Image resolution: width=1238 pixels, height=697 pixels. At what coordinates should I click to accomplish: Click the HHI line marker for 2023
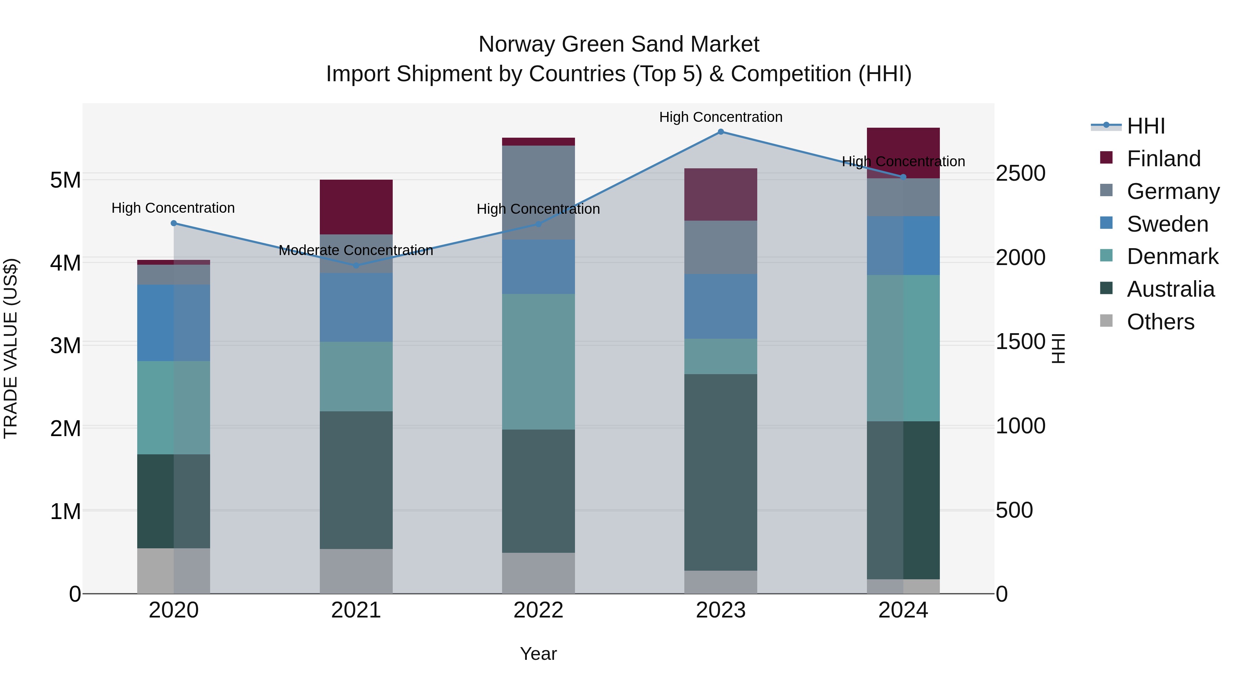[720, 132]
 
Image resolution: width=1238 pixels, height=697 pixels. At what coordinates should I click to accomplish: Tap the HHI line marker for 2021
[356, 265]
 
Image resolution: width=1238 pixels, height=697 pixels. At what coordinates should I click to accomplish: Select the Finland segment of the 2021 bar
[356, 207]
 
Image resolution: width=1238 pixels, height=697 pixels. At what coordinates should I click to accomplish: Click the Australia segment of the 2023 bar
[720, 472]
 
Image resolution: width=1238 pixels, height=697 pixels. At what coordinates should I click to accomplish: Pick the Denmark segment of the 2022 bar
[538, 361]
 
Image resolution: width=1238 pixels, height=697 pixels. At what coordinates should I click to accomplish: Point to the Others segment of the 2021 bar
[356, 571]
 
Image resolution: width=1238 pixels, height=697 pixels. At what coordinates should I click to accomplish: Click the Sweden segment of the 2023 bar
[720, 306]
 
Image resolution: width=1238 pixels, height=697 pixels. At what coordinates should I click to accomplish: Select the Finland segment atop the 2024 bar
[903, 144]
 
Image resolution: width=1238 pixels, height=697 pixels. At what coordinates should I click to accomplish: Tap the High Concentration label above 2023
[720, 117]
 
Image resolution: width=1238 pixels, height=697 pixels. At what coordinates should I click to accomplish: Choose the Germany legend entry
[1173, 191]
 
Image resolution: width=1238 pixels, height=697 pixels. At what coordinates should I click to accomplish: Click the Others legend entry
[1160, 322]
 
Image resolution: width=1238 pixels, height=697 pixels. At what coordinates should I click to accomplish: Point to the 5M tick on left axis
[65, 180]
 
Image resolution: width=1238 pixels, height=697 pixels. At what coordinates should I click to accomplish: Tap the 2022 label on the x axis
[538, 610]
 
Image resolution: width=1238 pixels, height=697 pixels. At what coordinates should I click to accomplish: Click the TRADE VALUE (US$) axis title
[11, 348]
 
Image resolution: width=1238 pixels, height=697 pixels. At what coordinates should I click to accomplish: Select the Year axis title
[538, 654]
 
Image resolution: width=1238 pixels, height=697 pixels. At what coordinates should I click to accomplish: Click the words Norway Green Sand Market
[619, 44]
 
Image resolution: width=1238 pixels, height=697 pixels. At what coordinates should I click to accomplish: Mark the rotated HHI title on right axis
[1058, 348]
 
